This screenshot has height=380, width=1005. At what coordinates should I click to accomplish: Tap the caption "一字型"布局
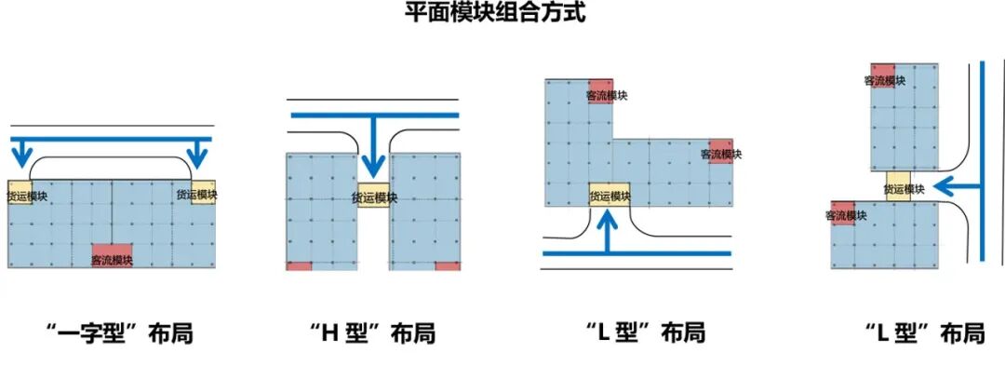(x=118, y=332)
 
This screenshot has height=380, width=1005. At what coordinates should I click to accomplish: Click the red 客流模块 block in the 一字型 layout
(x=112, y=255)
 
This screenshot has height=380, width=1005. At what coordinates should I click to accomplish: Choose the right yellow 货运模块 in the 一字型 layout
(x=202, y=193)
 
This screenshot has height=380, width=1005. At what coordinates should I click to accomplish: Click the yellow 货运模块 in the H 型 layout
(x=373, y=196)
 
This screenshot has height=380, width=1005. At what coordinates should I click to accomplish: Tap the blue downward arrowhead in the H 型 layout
(x=373, y=167)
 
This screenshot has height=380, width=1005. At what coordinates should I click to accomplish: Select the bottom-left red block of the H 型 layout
(x=299, y=266)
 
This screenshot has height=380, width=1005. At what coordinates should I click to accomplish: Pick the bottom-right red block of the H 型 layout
(x=448, y=266)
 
